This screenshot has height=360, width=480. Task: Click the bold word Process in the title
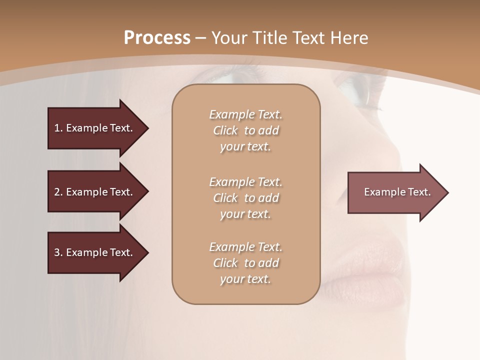click(157, 38)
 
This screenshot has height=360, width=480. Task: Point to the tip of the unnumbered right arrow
click(447, 192)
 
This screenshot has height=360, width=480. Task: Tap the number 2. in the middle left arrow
click(58, 192)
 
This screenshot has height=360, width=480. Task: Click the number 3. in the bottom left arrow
click(58, 252)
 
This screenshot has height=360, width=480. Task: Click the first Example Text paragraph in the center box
click(245, 130)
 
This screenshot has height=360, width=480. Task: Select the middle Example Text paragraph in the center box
click(245, 198)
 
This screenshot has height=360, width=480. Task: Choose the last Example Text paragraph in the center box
click(245, 263)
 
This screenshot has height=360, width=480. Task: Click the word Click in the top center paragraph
click(225, 130)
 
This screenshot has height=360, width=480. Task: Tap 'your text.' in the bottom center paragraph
click(245, 279)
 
